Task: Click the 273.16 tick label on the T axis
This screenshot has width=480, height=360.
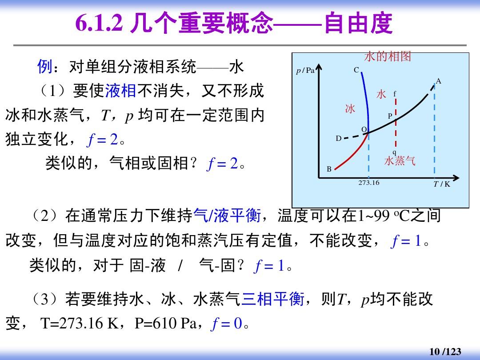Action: pos(369,183)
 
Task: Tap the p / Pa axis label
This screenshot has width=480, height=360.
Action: pos(305,71)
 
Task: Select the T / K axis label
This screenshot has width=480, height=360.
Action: pos(442,184)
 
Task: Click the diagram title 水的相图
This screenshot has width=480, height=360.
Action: pos(388,56)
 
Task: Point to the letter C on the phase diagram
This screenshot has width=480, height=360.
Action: pos(356,70)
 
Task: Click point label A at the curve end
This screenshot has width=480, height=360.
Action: pos(439,81)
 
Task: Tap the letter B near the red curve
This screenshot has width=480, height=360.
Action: pos(329,169)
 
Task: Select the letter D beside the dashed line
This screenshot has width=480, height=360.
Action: pos(339,139)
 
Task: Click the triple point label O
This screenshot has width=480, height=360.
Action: pos(364,129)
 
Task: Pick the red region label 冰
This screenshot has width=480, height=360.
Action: pos(350,108)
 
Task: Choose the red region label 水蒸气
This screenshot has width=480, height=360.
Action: pos(400,161)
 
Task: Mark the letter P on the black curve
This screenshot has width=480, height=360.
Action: pos(390,116)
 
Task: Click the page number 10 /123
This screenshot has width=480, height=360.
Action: pos(445,352)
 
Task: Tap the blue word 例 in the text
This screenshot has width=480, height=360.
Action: pos(45,66)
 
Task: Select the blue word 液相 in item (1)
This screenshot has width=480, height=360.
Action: pos(120,91)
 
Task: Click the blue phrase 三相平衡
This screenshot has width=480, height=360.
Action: pos(273,299)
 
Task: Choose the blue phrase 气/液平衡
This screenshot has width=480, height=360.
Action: pos(227,215)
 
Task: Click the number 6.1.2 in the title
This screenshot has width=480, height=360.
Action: pos(99,23)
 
